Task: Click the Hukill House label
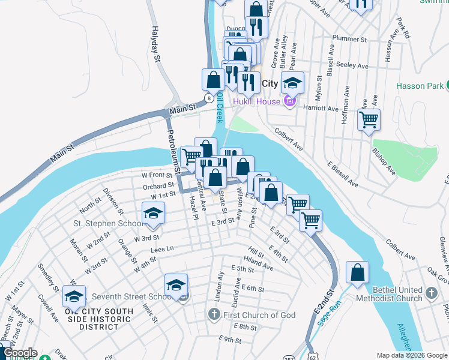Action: [x=256, y=101]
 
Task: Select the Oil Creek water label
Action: [x=220, y=108]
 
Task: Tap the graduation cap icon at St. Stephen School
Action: [x=153, y=214]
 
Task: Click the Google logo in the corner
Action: [x=19, y=353]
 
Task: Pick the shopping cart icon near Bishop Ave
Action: [x=369, y=118]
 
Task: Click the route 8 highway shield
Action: [x=208, y=98]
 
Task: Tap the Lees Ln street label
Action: [x=162, y=248]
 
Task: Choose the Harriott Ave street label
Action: [x=322, y=109]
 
